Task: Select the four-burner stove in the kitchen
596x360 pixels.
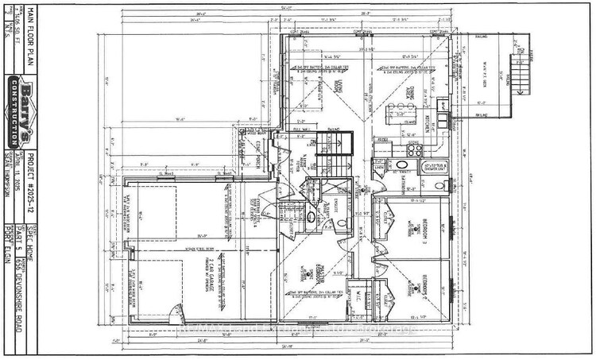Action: (x=414, y=148)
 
